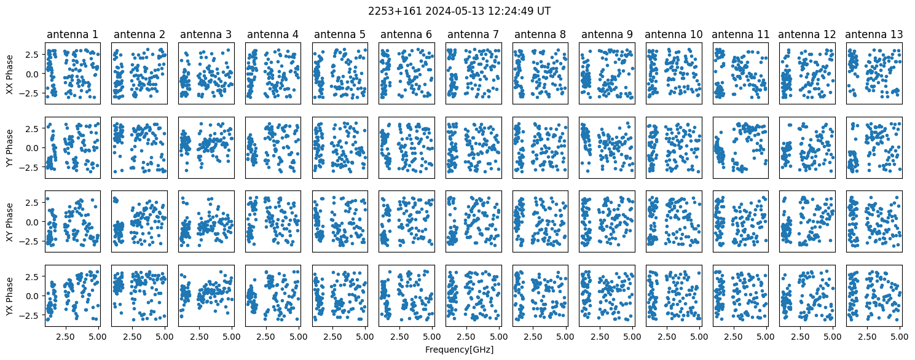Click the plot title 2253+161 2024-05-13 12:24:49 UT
(459, 11)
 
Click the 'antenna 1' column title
(73, 34)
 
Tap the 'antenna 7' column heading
(473, 34)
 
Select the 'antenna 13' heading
(874, 34)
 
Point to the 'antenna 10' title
(673, 34)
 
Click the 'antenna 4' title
(273, 34)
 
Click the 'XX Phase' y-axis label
(10, 74)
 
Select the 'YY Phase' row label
(10, 148)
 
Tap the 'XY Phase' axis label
(10, 222)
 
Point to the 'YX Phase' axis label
(10, 296)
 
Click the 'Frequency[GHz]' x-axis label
(459, 350)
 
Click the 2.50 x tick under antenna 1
(65, 337)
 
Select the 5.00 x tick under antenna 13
(900, 337)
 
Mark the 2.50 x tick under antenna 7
(466, 337)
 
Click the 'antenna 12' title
(807, 34)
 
